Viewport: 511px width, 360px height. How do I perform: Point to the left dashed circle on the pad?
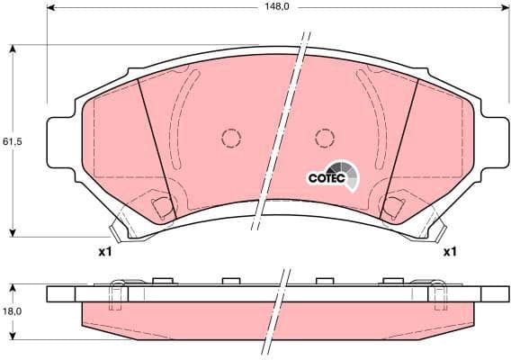tap(231, 139)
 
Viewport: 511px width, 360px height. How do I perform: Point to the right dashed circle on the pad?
tap(325, 138)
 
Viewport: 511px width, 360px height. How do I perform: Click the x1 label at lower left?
tap(104, 252)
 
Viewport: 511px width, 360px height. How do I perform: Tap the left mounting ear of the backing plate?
tap(59, 142)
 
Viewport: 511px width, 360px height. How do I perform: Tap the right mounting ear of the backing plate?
tap(494, 142)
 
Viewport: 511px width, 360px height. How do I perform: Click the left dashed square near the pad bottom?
tap(162, 208)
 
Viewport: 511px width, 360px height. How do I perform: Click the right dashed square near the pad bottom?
tap(393, 208)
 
